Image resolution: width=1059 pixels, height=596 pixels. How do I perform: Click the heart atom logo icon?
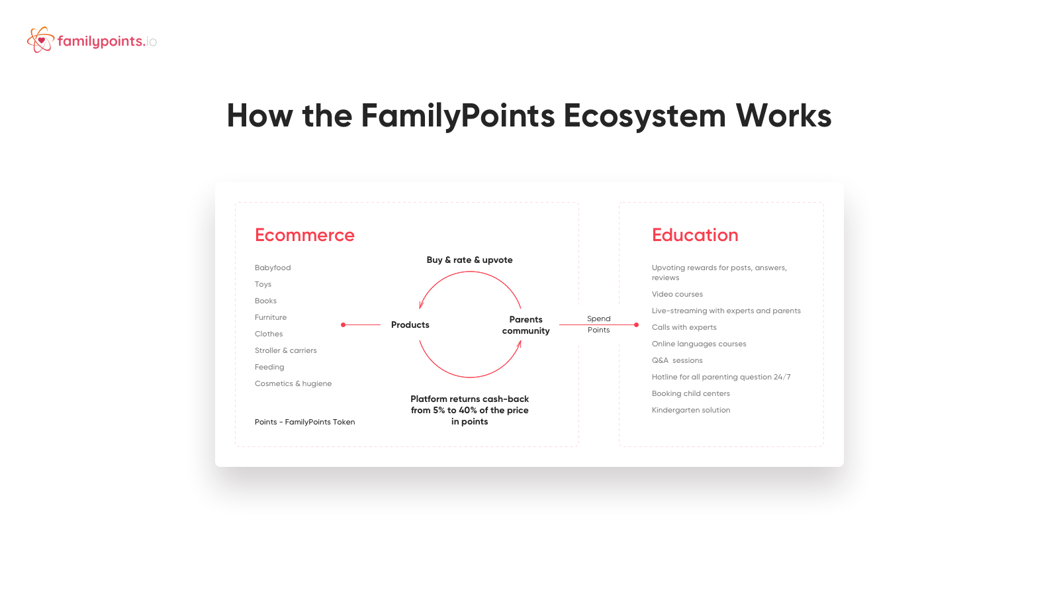(40, 40)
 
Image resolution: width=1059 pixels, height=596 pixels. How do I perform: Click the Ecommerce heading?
(304, 235)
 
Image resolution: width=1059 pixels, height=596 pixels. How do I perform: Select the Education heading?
(695, 235)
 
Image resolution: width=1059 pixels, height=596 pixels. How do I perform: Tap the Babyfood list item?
(273, 268)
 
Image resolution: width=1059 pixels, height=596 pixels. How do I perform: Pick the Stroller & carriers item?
(285, 350)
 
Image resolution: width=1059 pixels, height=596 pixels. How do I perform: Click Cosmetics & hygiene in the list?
(293, 383)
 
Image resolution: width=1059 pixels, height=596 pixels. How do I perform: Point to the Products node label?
(410, 325)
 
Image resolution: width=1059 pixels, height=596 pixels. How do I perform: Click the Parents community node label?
(526, 325)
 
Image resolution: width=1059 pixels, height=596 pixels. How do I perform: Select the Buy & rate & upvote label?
(469, 260)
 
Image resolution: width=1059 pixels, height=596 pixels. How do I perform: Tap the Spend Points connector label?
(598, 324)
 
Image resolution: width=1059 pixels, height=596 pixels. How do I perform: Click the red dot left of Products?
(344, 325)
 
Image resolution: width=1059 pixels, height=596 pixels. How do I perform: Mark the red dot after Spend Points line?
(636, 325)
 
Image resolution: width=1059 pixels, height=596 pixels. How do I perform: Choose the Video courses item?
(677, 294)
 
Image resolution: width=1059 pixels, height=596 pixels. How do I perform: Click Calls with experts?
(684, 327)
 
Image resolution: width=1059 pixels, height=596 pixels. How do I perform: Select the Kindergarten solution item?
(691, 410)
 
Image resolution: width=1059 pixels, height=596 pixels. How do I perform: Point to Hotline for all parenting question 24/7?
(721, 377)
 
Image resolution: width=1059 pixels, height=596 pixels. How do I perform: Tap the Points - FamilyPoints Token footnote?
(304, 422)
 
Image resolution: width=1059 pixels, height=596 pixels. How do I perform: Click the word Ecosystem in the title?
(645, 116)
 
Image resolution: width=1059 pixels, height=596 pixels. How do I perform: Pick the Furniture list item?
(271, 317)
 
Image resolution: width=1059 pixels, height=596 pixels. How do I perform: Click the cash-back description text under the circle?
(469, 410)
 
